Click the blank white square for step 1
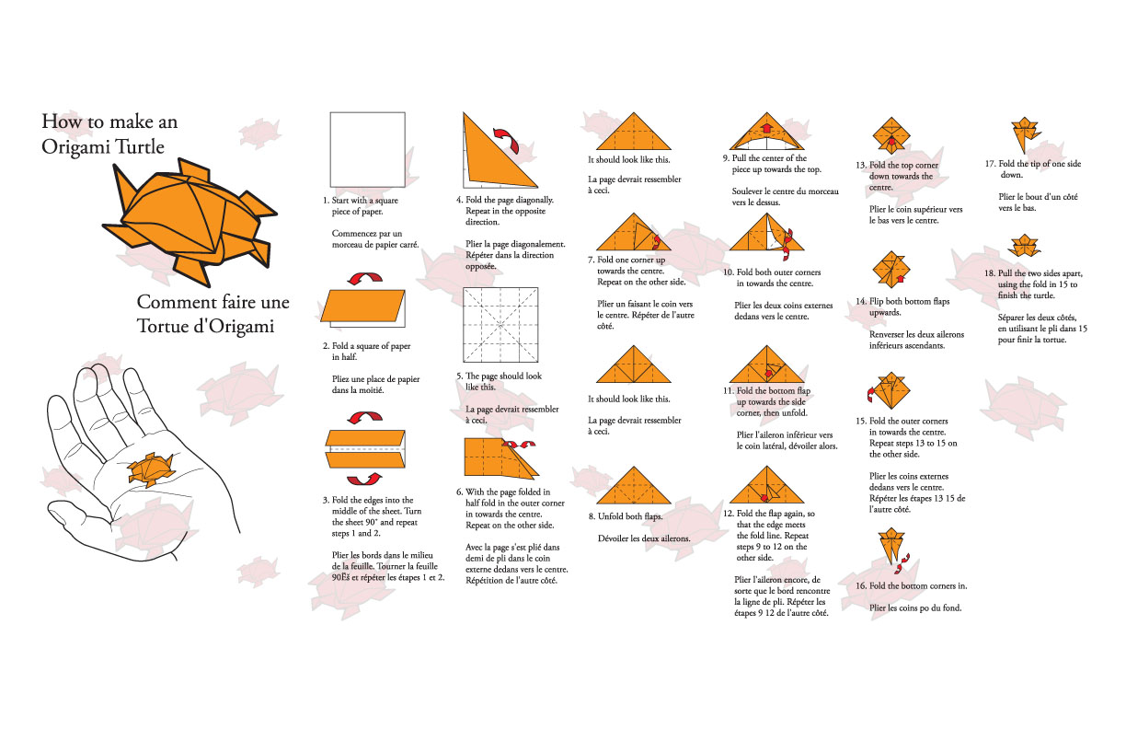click(367, 149)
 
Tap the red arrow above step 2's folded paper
click(365, 277)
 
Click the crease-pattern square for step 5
click(500, 325)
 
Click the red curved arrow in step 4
click(532, 142)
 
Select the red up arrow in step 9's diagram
click(764, 126)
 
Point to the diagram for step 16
click(890, 547)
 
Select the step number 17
click(990, 164)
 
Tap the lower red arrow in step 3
click(366, 478)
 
